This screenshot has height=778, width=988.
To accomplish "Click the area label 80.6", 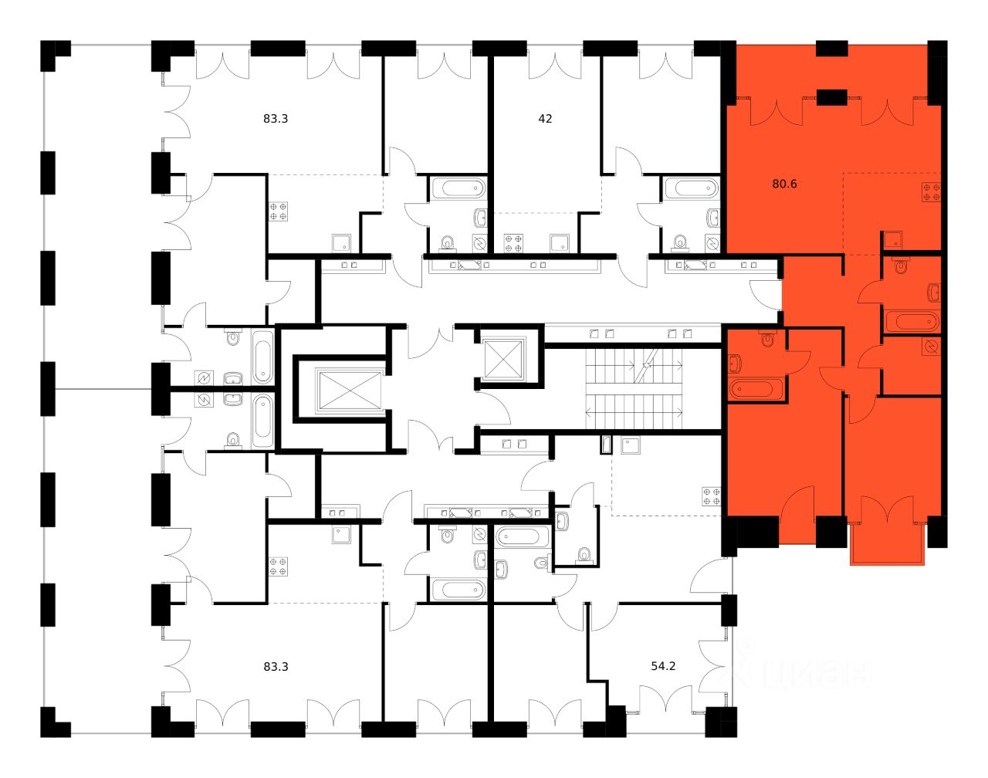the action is (x=783, y=184).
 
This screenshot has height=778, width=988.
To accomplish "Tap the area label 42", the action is (x=545, y=119).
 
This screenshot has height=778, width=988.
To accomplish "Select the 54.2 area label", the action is (x=663, y=665).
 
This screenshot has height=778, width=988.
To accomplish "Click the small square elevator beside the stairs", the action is (x=502, y=357).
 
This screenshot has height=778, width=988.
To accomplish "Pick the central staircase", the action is (x=634, y=388).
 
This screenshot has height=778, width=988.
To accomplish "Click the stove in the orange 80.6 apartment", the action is (x=931, y=192).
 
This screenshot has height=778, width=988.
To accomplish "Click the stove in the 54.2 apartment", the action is (x=711, y=496).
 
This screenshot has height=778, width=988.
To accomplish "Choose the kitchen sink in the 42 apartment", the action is (x=558, y=243).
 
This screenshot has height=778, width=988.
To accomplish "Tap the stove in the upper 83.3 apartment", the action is (x=278, y=211).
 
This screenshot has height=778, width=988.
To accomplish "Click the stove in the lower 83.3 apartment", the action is (x=278, y=567).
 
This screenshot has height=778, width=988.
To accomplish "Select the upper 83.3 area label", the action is (x=276, y=119).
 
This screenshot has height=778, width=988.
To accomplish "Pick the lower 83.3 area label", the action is (x=276, y=665).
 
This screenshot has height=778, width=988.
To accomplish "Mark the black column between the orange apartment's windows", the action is (x=831, y=97).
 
